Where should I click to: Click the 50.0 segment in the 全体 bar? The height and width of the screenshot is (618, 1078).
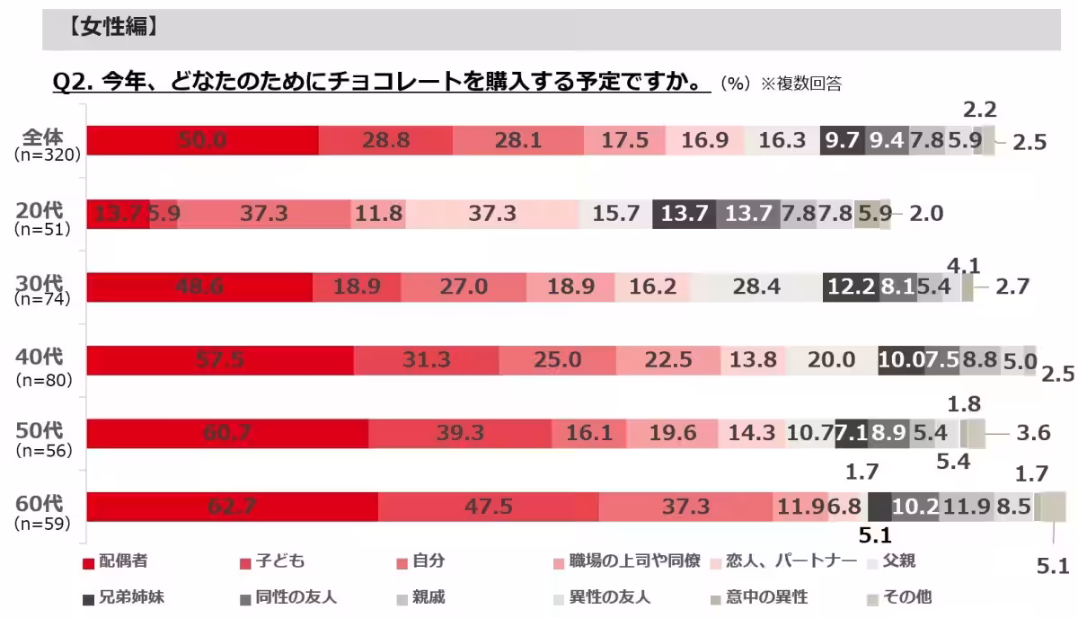pos(202,141)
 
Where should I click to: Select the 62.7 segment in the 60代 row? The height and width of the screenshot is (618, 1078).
pos(232,507)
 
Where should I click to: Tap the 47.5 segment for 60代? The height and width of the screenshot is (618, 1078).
pos(488,507)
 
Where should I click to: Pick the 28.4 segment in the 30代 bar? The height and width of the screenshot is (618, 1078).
pos(755,287)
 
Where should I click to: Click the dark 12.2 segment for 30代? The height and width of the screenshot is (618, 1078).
pos(851,287)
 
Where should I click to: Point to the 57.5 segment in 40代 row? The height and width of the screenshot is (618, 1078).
pos(220,360)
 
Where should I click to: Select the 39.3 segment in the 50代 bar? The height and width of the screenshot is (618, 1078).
pos(459,434)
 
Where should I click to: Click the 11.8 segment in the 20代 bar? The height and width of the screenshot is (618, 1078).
pos(377,214)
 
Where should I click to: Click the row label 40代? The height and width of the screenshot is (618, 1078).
pos(40,358)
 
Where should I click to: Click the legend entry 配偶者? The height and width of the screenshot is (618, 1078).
pos(123,562)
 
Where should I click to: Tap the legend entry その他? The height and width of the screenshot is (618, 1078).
pos(907,596)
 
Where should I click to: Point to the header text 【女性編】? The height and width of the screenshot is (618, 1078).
pos(114,29)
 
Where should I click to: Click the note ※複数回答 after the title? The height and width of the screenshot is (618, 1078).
pos(801,84)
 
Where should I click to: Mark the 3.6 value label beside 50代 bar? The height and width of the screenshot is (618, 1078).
pos(1033,434)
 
